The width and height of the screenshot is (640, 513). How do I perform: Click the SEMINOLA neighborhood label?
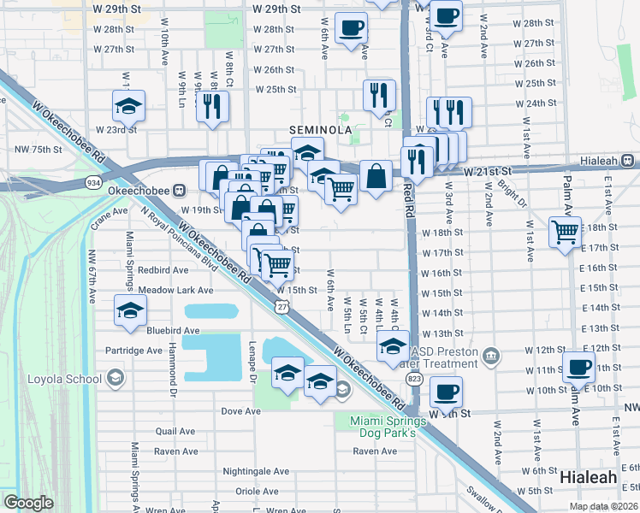pos(321,129)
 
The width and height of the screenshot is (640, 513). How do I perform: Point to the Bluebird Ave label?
pos(172,330)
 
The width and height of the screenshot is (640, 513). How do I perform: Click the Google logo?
pos(28,503)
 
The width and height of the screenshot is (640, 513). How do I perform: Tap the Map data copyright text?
pos(604,506)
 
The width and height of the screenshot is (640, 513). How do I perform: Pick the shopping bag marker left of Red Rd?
pos(376,177)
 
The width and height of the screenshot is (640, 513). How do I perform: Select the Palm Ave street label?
pos(567,196)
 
